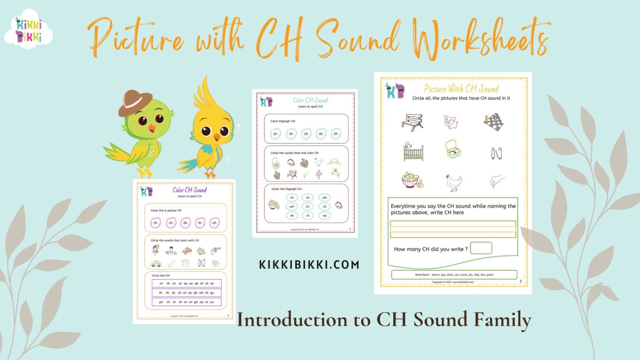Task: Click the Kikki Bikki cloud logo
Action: (x=28, y=30)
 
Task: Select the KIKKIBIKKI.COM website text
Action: (x=309, y=265)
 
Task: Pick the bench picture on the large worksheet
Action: (x=412, y=122)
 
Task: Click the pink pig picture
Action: (x=451, y=122)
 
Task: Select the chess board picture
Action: (x=493, y=122)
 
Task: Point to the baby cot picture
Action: (x=413, y=152)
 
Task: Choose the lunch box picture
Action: (x=452, y=150)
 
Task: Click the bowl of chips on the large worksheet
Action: (x=412, y=180)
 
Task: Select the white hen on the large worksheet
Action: (x=453, y=182)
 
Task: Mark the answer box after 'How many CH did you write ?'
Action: (x=481, y=248)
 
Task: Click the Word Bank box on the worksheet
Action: (x=454, y=275)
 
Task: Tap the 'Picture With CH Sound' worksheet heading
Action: (x=461, y=89)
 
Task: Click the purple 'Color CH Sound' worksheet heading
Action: (x=190, y=190)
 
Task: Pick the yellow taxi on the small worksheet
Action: (x=156, y=264)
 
